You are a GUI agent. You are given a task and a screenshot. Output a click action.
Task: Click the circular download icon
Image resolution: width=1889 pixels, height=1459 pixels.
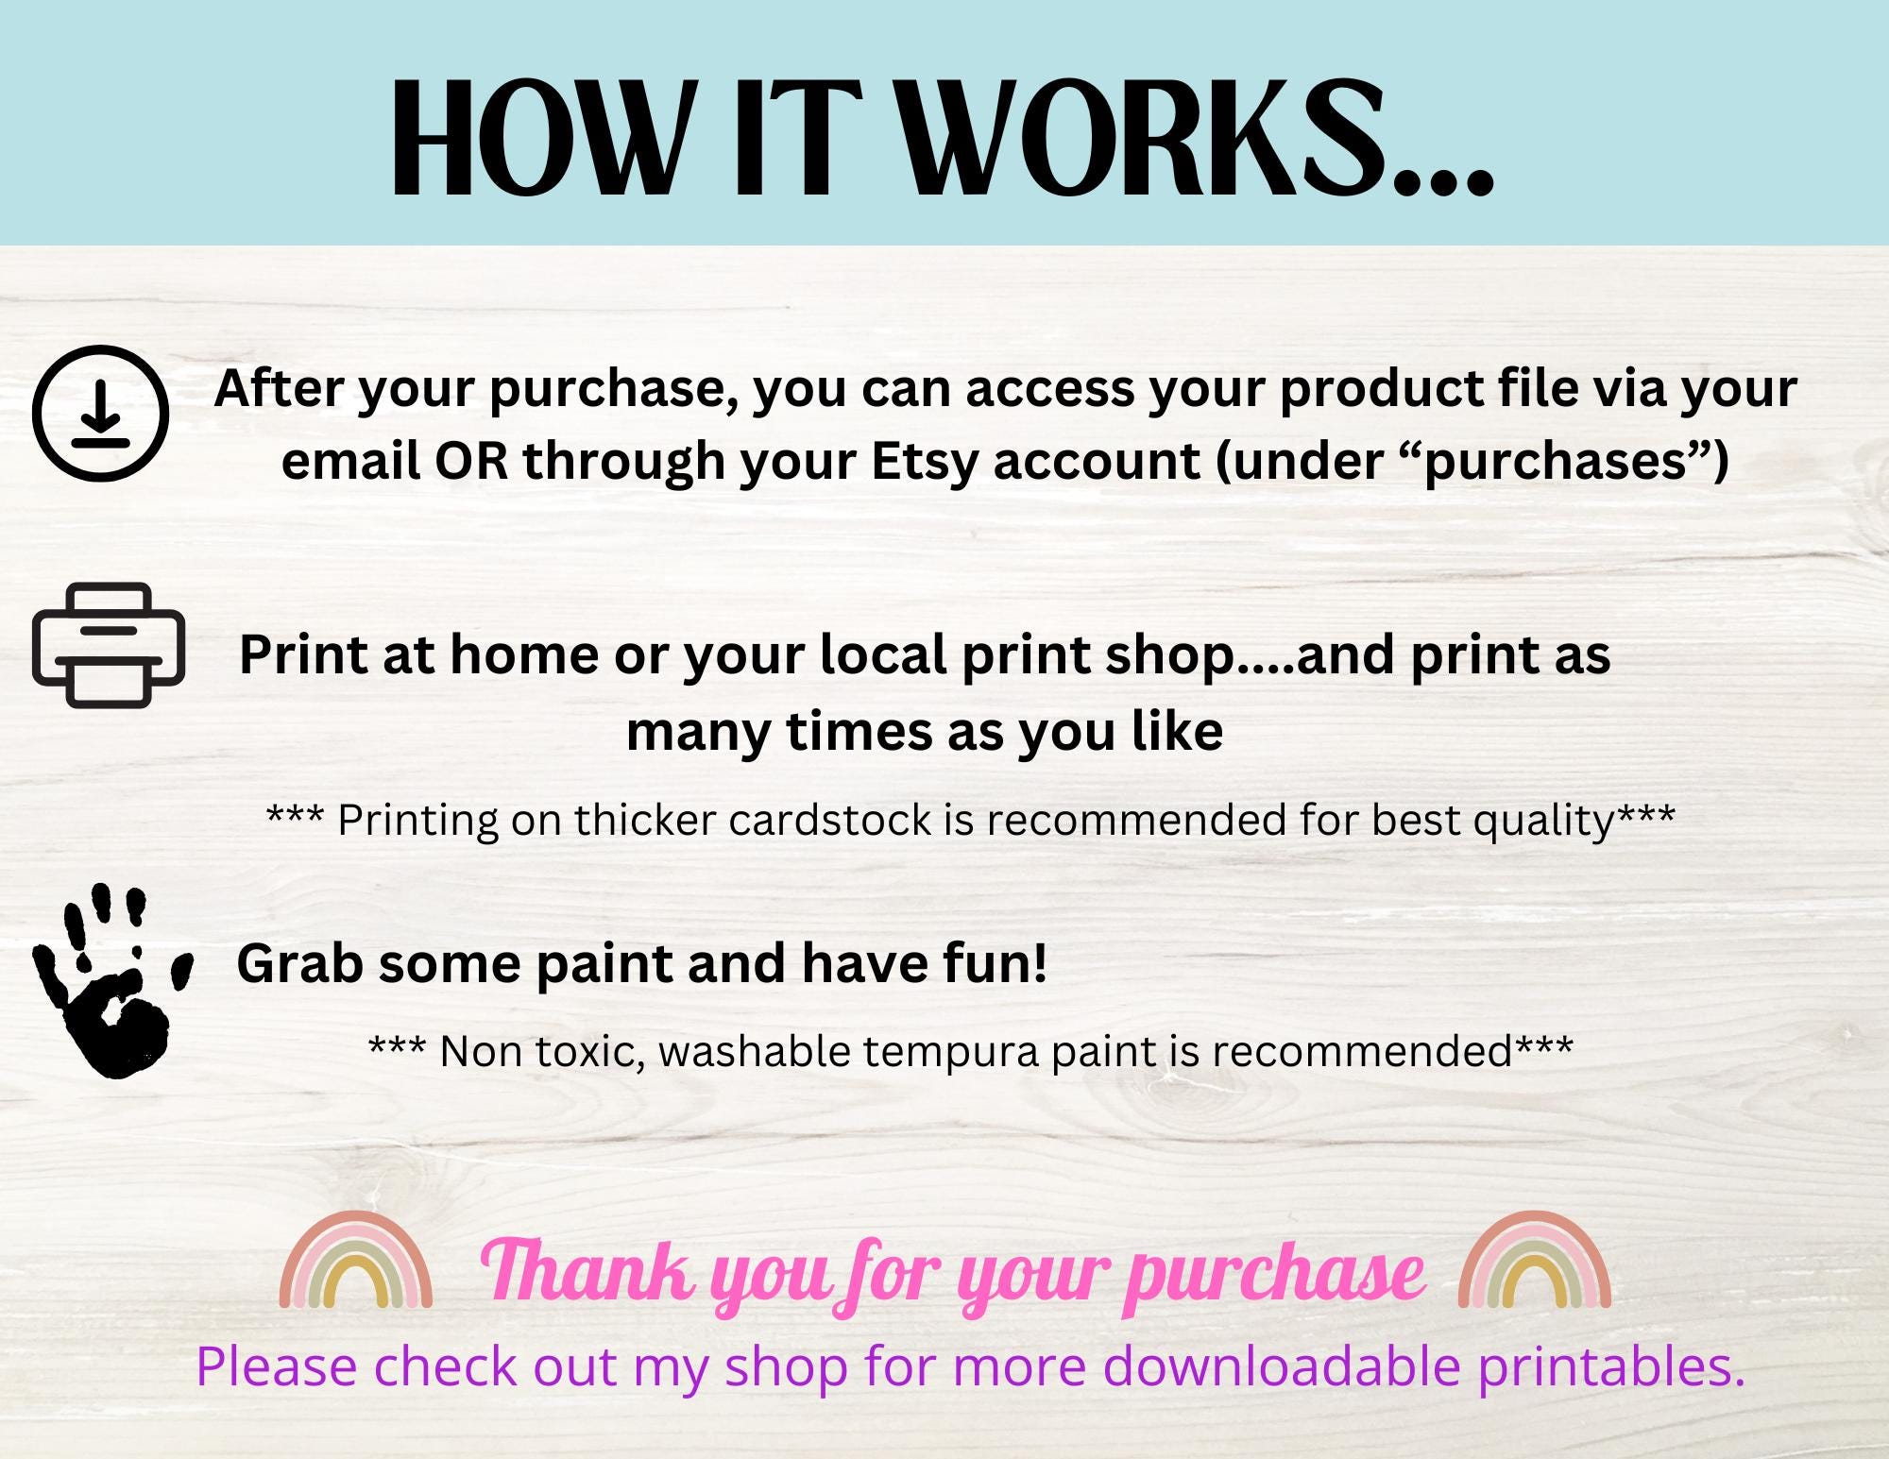pyautogui.click(x=101, y=414)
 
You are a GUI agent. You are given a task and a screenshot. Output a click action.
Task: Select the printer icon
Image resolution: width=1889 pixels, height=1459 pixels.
pyautogui.click(x=109, y=645)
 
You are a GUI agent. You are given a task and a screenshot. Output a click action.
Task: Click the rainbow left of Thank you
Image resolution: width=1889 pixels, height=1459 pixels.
pyautogui.click(x=356, y=1261)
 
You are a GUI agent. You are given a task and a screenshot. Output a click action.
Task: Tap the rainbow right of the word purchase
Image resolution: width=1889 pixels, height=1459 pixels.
pyautogui.click(x=1534, y=1261)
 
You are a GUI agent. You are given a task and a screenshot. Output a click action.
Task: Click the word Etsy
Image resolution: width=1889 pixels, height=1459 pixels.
pyautogui.click(x=924, y=462)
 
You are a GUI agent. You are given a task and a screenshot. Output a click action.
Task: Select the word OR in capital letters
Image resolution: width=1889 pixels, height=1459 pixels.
pyautogui.click(x=469, y=462)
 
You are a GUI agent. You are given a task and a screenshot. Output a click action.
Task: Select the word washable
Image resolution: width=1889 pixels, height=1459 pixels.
pyautogui.click(x=751, y=1051)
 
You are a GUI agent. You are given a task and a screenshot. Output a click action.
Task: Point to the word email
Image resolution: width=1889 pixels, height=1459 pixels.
pyautogui.click(x=350, y=462)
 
